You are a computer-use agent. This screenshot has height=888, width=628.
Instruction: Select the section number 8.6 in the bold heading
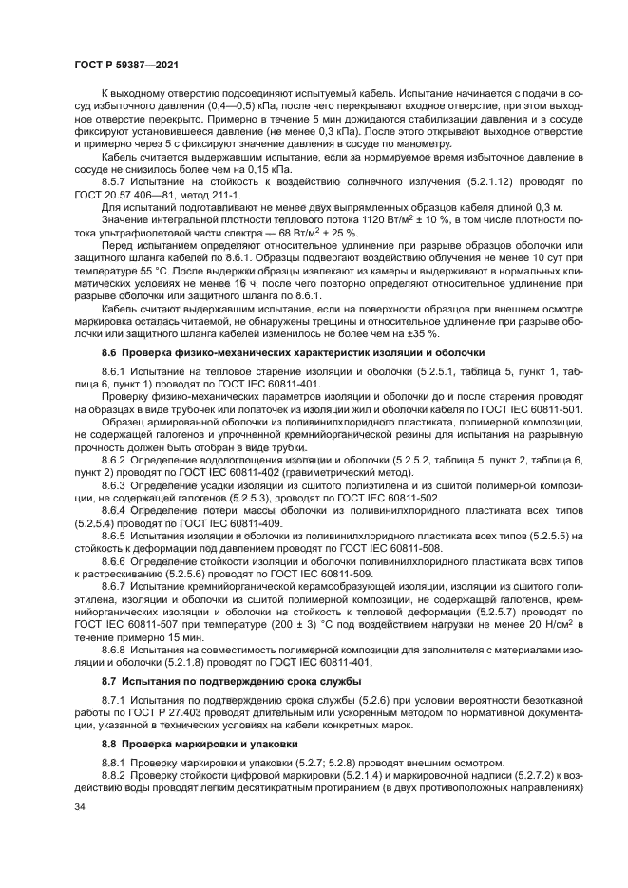coord(111,351)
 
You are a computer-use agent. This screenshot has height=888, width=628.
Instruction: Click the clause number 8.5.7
coord(117,180)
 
